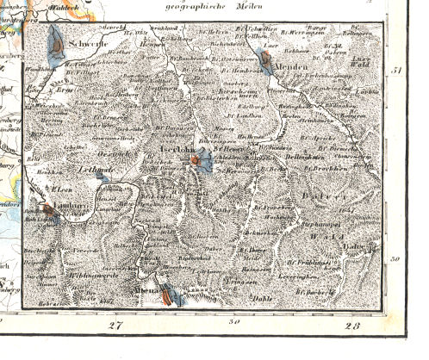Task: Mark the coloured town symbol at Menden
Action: (x=266, y=62)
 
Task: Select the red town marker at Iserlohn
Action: (x=197, y=159)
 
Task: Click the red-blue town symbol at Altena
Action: (x=166, y=297)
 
